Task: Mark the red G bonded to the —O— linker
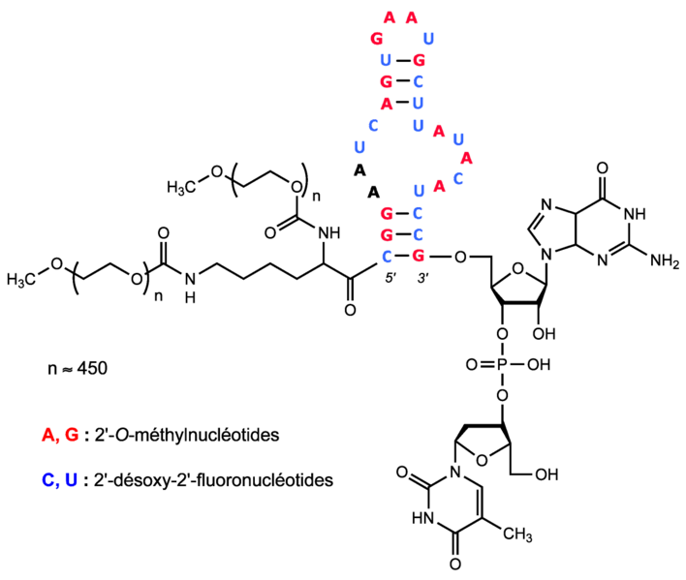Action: pyautogui.click(x=419, y=258)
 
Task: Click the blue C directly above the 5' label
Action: pyautogui.click(x=386, y=258)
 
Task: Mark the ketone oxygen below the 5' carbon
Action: pyautogui.click(x=349, y=310)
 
